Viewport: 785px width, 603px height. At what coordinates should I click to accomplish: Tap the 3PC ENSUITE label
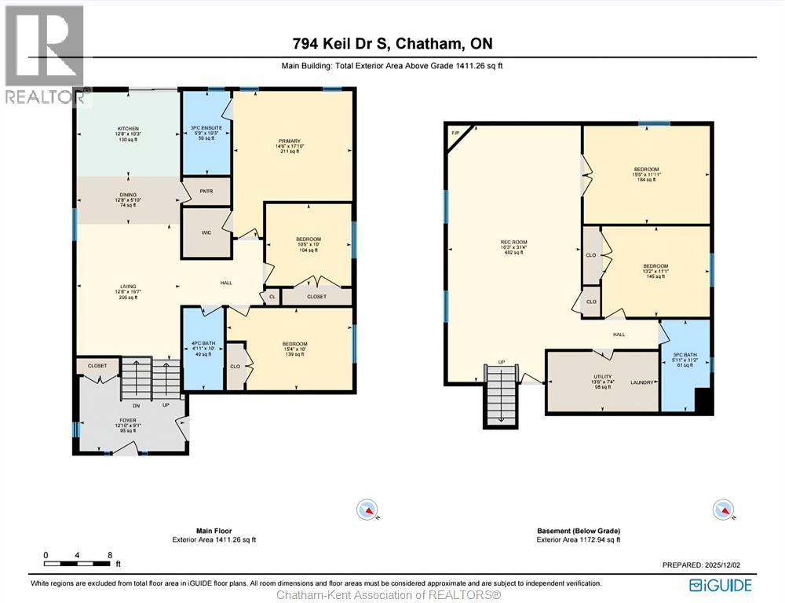pos(206,127)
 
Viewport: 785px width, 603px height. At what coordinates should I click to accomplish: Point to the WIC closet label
pos(206,232)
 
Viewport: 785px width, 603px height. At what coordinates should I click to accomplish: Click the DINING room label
pos(128,195)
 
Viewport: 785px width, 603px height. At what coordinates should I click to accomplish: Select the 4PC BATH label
pos(203,344)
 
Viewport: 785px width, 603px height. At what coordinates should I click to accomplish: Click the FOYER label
pos(127,421)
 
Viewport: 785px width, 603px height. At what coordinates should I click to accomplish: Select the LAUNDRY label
pos(641,383)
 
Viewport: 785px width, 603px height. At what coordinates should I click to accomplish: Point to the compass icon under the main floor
pos(367,510)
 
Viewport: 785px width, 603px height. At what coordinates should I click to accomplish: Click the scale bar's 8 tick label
pos(109,555)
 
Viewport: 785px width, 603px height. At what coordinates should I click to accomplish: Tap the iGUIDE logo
pos(720,585)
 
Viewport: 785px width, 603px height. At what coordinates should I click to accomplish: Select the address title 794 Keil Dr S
pos(392,44)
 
